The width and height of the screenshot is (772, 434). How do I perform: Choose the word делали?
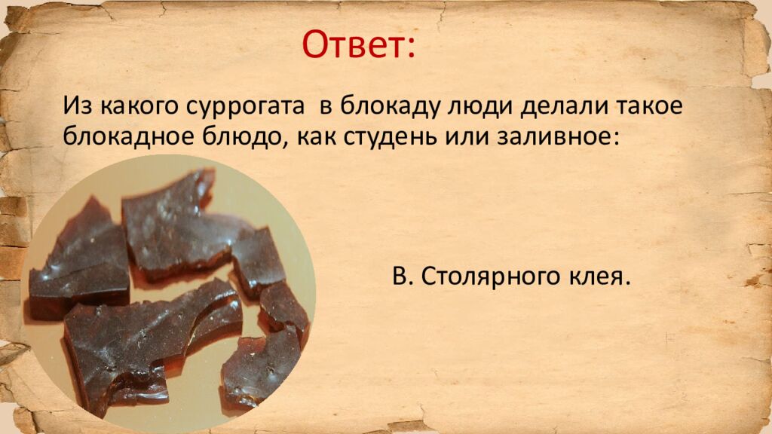click(x=538, y=106)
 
